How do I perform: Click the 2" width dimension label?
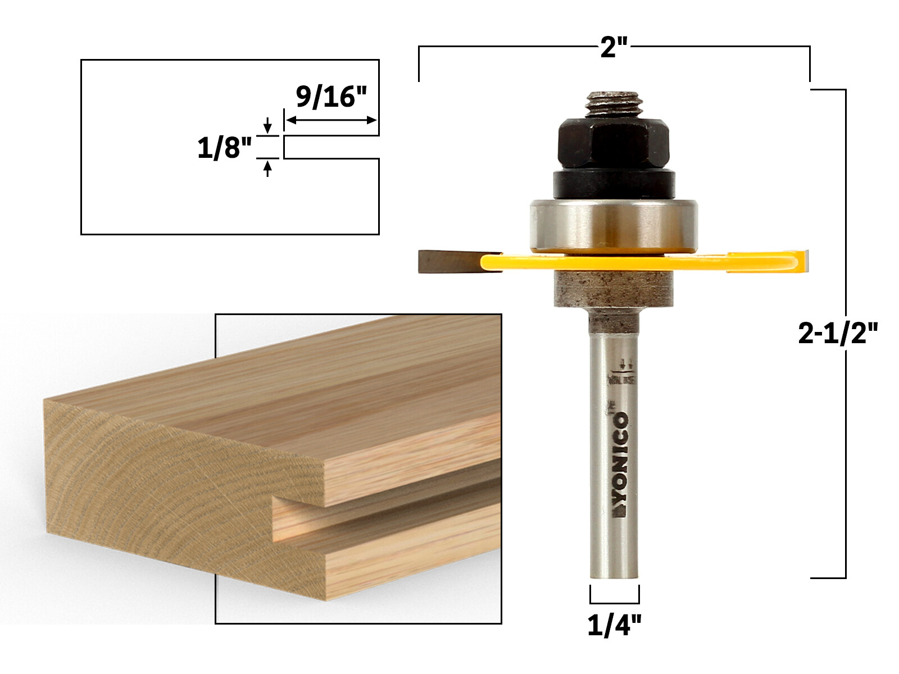(x=613, y=47)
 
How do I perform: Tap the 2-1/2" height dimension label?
(x=837, y=334)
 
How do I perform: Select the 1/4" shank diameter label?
(x=614, y=625)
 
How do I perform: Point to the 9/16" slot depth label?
(x=331, y=97)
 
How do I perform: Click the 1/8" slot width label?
(x=224, y=148)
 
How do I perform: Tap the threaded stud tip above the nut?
(x=614, y=104)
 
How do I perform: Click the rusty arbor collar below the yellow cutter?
(x=614, y=289)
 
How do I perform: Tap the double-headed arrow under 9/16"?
(x=331, y=120)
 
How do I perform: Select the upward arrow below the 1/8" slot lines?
(x=267, y=168)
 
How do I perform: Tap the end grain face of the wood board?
(x=169, y=494)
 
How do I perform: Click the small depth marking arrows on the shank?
(x=624, y=365)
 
